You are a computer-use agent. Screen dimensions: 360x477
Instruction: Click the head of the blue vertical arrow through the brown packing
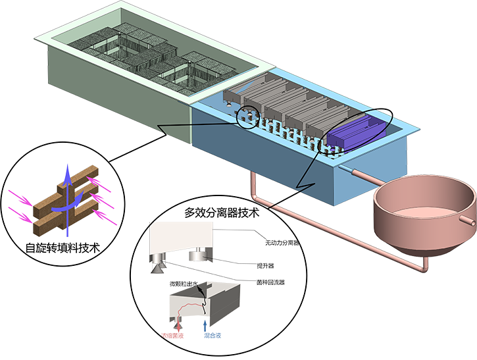pos(66,172)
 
